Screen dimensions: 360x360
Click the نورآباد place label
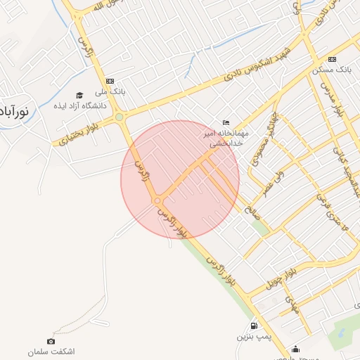(13, 111)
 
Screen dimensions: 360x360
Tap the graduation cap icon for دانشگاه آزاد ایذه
(79, 95)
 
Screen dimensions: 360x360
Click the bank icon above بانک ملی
(109, 81)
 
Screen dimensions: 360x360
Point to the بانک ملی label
(113, 91)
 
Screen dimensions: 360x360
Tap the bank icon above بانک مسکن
(332, 59)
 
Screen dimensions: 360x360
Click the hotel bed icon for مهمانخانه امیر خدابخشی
(225, 123)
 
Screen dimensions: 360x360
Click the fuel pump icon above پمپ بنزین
(253, 326)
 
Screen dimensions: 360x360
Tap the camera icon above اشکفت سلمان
(51, 341)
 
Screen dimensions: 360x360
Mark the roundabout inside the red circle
(157, 202)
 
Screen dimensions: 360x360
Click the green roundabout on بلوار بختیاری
(120, 117)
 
